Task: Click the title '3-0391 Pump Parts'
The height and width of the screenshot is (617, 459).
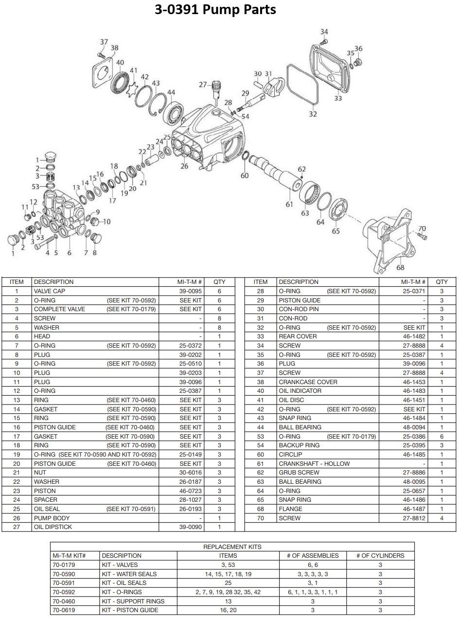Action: click(215, 10)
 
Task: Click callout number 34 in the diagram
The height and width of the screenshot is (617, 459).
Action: click(324, 32)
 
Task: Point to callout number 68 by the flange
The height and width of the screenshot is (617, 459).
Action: click(400, 267)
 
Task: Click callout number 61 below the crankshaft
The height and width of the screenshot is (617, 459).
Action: click(289, 204)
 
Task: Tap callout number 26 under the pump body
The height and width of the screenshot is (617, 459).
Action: click(184, 166)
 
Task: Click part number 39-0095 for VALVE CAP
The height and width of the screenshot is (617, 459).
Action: click(190, 291)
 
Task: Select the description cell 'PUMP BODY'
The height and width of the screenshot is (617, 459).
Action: click(52, 518)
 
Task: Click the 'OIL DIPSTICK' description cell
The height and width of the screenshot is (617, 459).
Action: click(53, 527)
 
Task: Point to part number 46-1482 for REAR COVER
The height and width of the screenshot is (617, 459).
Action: click(414, 336)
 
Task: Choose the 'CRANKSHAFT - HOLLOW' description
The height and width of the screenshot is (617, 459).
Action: click(314, 464)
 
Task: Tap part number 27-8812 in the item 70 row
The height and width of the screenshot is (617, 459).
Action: click(414, 518)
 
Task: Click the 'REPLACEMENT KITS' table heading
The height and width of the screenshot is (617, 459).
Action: click(232, 546)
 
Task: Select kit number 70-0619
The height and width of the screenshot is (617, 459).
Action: click(64, 610)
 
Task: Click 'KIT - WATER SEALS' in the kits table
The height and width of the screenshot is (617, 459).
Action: click(129, 574)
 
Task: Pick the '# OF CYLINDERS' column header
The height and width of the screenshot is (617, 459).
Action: click(380, 556)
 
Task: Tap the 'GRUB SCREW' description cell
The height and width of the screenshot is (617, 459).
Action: click(299, 472)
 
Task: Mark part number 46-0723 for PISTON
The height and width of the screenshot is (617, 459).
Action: click(190, 491)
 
